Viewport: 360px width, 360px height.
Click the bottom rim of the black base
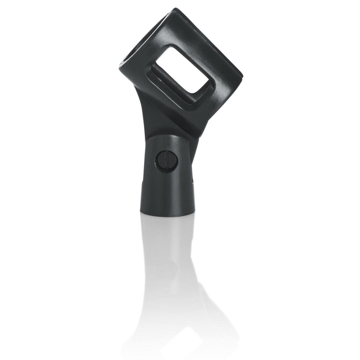coord(167,213)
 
